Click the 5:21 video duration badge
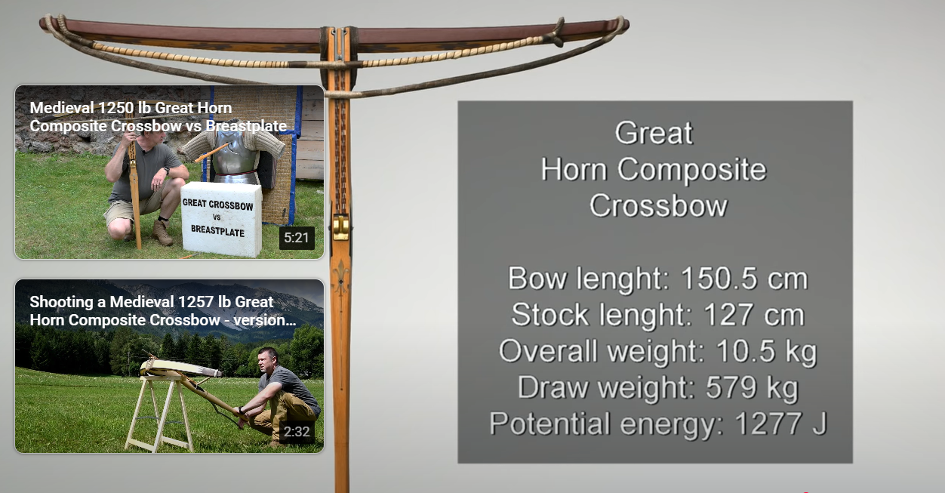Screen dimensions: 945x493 [297, 238]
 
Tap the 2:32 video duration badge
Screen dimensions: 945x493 [297, 431]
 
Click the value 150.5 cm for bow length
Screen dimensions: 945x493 [744, 279]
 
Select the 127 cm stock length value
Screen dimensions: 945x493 [754, 315]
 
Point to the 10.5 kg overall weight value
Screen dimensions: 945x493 [767, 352]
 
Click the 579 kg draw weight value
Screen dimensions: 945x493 [753, 387]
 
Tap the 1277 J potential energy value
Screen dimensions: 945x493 [781, 424]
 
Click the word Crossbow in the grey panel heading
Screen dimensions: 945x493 [658, 205]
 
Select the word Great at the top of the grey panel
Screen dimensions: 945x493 [654, 133]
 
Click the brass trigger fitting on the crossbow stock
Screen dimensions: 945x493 [341, 227]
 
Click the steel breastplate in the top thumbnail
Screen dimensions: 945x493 [235, 154]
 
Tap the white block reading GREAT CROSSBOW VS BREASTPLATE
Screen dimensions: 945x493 [220, 219]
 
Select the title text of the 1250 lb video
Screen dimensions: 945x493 [159, 117]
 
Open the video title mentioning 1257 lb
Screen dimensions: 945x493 [163, 311]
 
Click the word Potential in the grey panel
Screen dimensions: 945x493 [550, 424]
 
